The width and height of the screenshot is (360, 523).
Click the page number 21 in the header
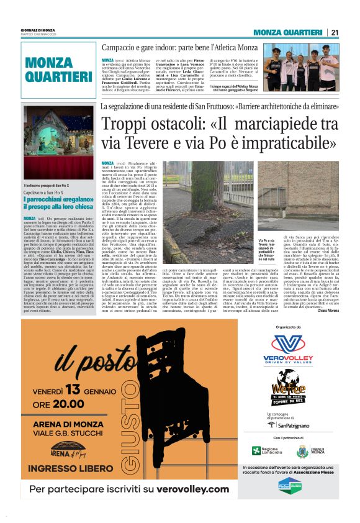click(335, 33)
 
